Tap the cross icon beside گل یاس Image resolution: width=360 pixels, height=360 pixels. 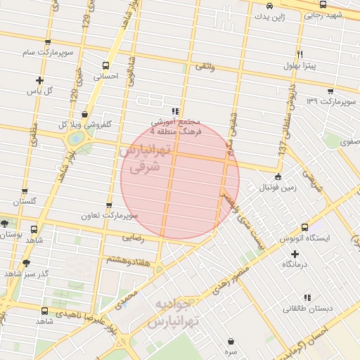point(39,80)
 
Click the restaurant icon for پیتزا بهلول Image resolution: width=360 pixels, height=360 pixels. point(300,55)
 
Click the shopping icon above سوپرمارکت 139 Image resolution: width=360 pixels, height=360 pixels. point(331,91)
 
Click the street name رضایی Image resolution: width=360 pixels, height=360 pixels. point(134,238)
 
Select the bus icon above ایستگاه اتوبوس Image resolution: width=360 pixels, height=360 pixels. point(304,228)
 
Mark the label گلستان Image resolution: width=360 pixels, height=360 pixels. point(23,201)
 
